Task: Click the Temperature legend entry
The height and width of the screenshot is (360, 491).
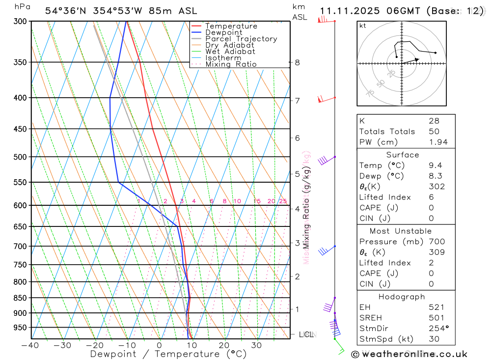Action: point(231,26)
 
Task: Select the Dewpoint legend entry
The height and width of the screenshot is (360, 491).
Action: point(224,32)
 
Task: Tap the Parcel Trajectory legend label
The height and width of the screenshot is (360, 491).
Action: point(241,39)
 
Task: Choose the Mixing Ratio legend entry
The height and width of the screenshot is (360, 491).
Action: point(231,64)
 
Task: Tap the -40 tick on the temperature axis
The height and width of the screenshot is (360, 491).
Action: point(30,345)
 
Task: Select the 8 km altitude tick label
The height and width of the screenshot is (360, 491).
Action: point(297,62)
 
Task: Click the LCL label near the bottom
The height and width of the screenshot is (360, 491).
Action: point(306,335)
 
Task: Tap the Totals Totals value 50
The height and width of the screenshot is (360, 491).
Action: point(434,131)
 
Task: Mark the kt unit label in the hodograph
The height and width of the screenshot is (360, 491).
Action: point(363,26)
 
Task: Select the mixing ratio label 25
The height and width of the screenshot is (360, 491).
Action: point(283,201)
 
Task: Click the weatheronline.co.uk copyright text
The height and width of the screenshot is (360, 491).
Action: point(409,354)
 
